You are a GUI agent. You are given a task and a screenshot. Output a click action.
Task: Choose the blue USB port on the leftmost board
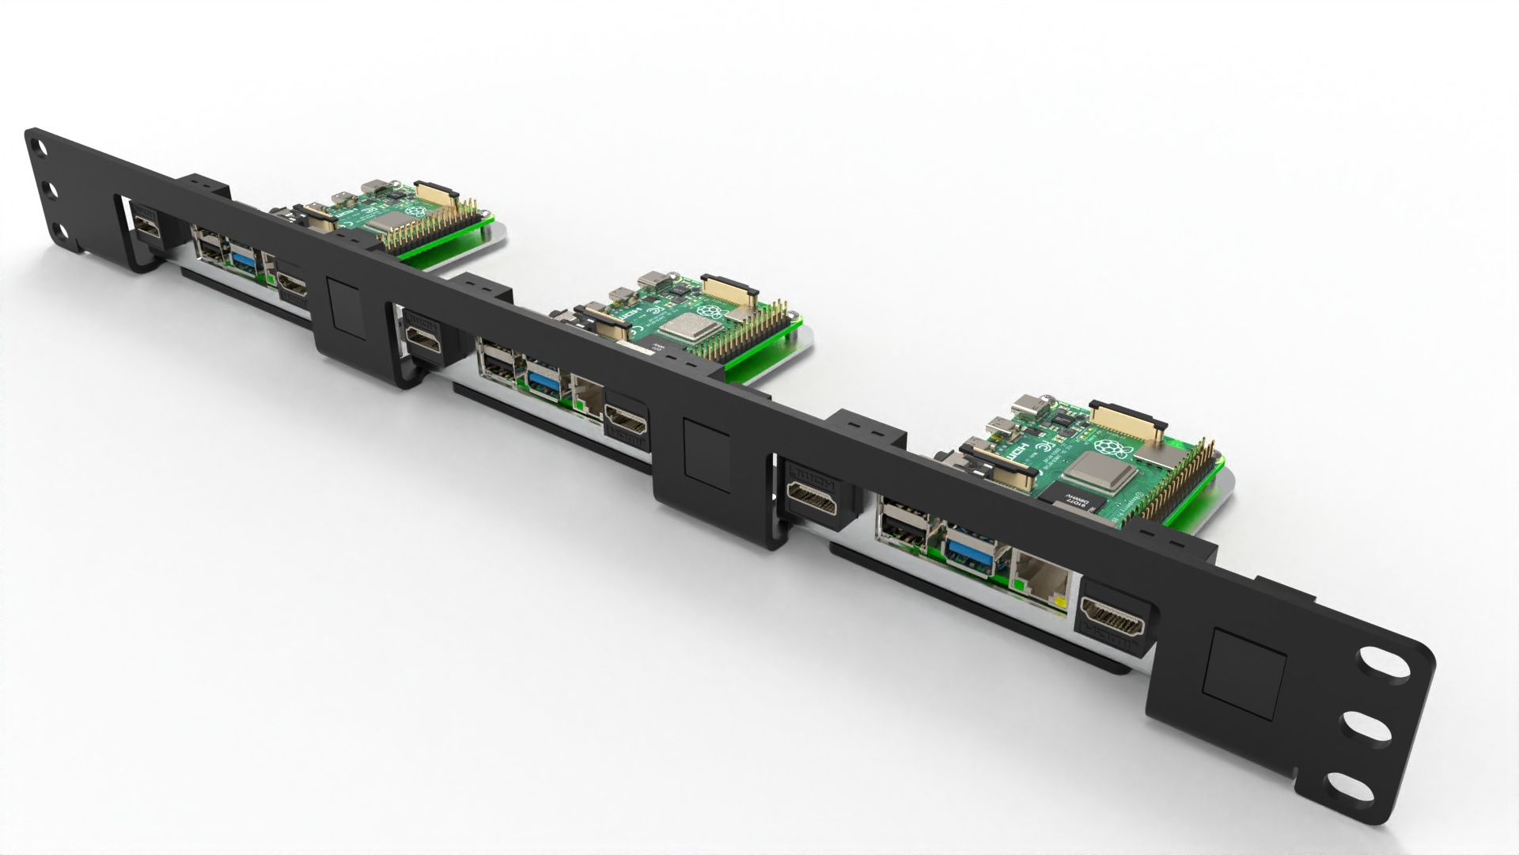(x=244, y=257)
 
